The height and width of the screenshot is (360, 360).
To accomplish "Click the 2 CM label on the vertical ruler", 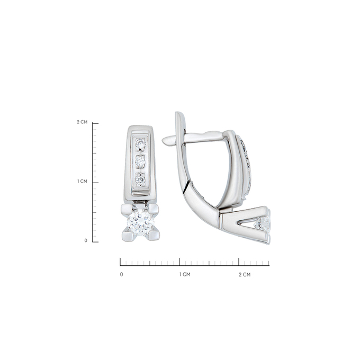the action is click(82, 122).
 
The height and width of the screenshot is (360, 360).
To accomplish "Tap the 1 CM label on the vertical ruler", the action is click(82, 182).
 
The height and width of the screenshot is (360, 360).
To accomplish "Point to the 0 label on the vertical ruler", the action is click(86, 240).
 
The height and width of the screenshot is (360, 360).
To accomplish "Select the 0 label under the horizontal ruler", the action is click(121, 274).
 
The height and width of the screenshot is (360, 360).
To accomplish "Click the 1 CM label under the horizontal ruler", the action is click(185, 274).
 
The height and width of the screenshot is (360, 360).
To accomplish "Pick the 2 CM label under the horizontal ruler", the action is click(245, 275).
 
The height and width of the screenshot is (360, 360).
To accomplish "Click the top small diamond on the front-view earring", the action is click(140, 145).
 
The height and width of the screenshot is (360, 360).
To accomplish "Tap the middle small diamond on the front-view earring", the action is click(140, 161).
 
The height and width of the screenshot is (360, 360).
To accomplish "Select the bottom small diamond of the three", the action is click(140, 179).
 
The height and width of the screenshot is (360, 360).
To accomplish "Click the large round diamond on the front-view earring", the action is click(140, 222).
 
